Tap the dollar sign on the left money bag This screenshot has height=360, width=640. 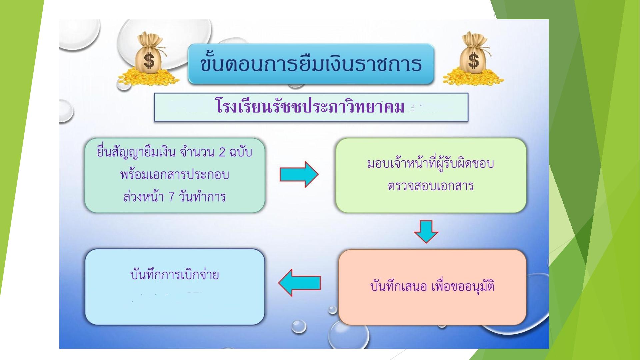tap(149, 61)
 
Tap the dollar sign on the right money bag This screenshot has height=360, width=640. tap(473, 61)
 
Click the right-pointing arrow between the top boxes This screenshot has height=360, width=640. tap(299, 174)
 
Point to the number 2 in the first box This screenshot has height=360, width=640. tap(222, 152)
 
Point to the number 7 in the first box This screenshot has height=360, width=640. tap(171, 197)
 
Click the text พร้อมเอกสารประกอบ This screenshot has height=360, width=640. tap(174, 175)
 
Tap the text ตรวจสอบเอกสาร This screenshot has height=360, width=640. tap(430, 186)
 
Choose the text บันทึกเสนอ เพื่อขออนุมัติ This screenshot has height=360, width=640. tap(432, 286)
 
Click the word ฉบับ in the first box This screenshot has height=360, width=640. tap(240, 152)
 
